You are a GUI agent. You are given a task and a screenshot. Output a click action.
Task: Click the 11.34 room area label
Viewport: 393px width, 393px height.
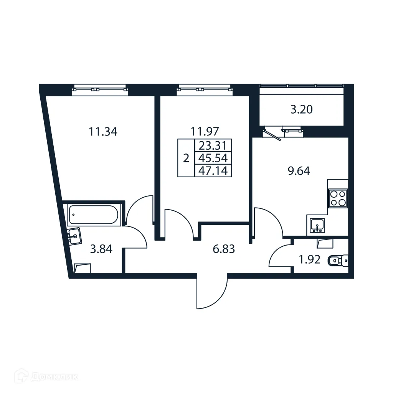pos(103,132)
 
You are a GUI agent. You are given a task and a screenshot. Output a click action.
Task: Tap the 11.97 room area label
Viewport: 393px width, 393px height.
pos(205,132)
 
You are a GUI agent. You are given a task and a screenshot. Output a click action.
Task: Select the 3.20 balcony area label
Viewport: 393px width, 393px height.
pos(301,110)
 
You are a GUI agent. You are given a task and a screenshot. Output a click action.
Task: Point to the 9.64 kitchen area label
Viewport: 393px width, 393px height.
pos(299,171)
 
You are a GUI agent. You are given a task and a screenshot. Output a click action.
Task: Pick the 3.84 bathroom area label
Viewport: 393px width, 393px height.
pos(101,249)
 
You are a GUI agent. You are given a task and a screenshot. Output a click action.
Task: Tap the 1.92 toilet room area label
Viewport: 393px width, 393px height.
pos(309,261)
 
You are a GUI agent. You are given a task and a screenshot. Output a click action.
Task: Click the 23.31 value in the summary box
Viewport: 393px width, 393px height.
pos(213,145)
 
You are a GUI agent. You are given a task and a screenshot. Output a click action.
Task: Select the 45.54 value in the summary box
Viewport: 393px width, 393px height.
pos(213,157)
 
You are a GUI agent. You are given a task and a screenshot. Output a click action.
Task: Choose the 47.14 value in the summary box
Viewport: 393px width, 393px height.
pos(213,170)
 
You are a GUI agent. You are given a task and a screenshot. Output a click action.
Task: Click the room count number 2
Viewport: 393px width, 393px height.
pos(186,158)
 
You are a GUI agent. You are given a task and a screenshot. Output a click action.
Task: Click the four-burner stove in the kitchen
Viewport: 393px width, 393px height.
pos(338,198)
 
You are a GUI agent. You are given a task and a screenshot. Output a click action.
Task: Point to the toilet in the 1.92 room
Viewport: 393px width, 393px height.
pos(338,261)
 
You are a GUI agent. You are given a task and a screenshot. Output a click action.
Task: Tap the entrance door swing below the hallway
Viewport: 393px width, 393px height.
pos(212,292)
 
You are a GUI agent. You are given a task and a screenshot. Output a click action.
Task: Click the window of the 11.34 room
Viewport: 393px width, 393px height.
pos(99,89)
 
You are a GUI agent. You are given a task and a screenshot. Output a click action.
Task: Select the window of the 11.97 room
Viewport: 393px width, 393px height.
pos(204,89)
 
